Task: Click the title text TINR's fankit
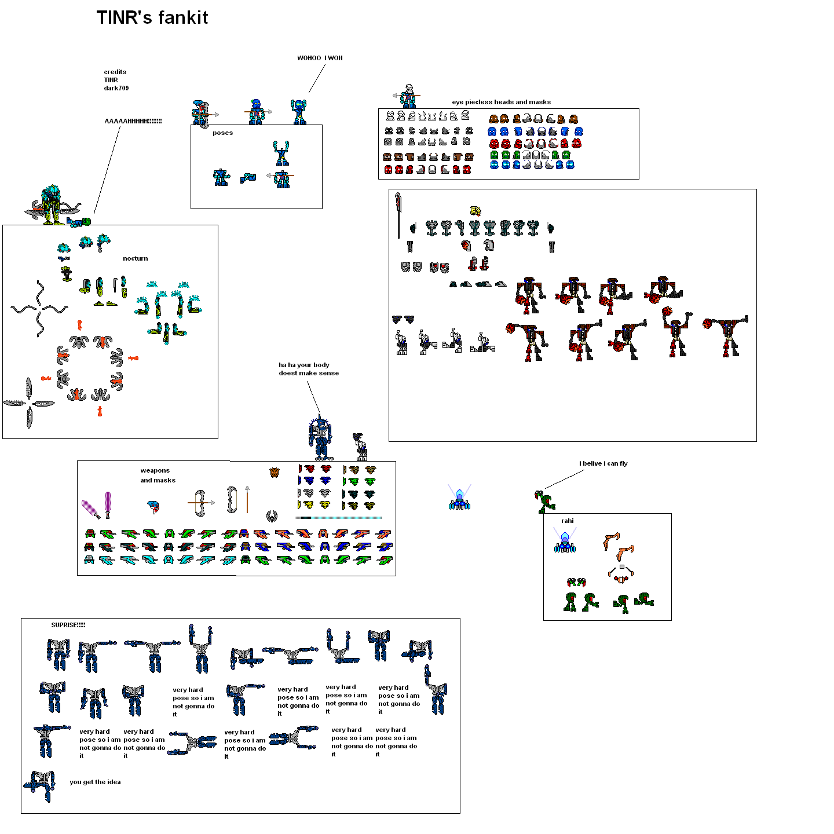click(152, 18)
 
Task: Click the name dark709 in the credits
click(116, 89)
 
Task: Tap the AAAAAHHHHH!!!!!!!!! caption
click(133, 122)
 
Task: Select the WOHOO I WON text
click(320, 58)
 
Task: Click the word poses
click(222, 133)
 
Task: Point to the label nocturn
click(135, 259)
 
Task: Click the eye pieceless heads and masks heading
click(501, 103)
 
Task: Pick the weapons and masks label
click(157, 475)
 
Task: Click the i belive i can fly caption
click(603, 464)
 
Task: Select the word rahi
click(567, 521)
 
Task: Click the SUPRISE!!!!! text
click(68, 625)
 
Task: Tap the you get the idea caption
click(95, 782)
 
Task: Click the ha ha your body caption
click(308, 370)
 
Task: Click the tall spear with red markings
click(398, 215)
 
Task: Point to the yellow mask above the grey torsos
click(475, 211)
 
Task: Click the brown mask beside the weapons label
click(275, 473)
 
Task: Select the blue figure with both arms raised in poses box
click(281, 153)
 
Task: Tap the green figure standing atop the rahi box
click(544, 502)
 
